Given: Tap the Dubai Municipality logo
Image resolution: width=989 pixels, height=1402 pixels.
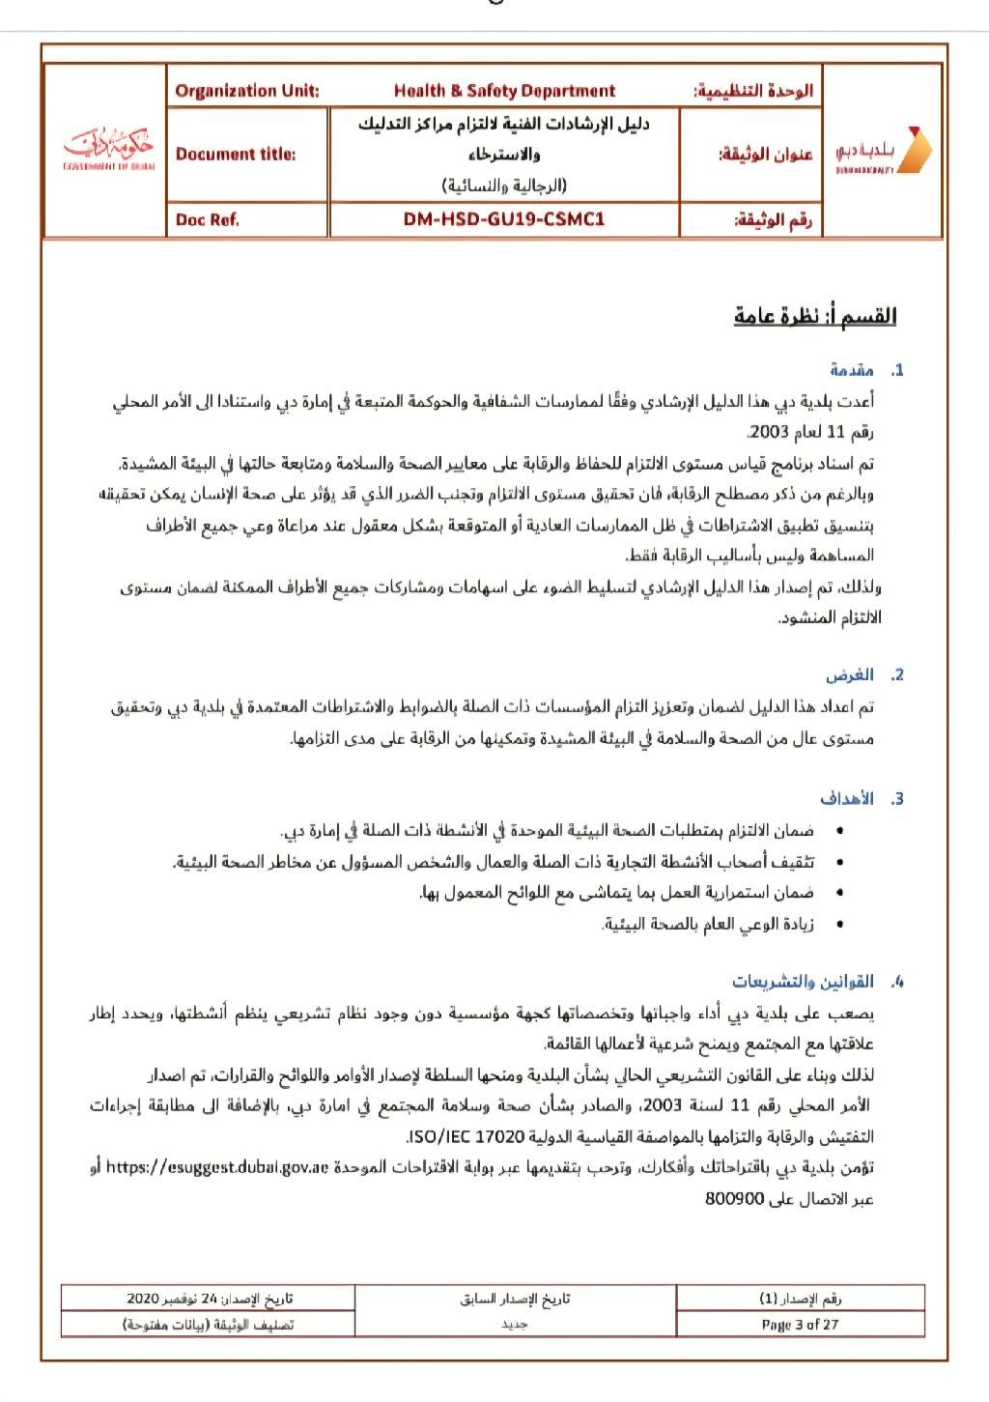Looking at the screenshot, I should point(883,151).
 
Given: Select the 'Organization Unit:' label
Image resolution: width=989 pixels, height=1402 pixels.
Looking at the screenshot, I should point(247,91).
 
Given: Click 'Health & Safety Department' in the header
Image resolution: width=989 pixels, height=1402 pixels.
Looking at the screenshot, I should point(504,91).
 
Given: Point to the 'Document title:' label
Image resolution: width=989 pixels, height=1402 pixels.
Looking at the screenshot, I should point(236,155).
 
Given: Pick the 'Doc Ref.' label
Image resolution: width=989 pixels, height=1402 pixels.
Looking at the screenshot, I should point(207,219).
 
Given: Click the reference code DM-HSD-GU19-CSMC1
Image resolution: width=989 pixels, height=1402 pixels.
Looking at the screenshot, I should point(504,219).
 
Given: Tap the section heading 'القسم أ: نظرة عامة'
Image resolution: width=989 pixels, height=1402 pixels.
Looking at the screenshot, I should point(815,316).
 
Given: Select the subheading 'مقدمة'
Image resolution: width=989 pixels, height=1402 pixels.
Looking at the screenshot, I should point(852,370).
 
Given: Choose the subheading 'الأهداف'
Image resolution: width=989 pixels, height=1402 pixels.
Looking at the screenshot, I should point(847,799).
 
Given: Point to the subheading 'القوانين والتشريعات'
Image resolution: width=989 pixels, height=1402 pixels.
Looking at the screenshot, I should point(803,983).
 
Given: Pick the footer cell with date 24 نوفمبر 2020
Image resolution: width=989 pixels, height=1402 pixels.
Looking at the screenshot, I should point(209,1298).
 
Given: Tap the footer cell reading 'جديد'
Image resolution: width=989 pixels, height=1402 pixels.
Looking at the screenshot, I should point(514,1324).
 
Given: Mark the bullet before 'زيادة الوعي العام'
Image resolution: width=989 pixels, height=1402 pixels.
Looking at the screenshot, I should point(838,926).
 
